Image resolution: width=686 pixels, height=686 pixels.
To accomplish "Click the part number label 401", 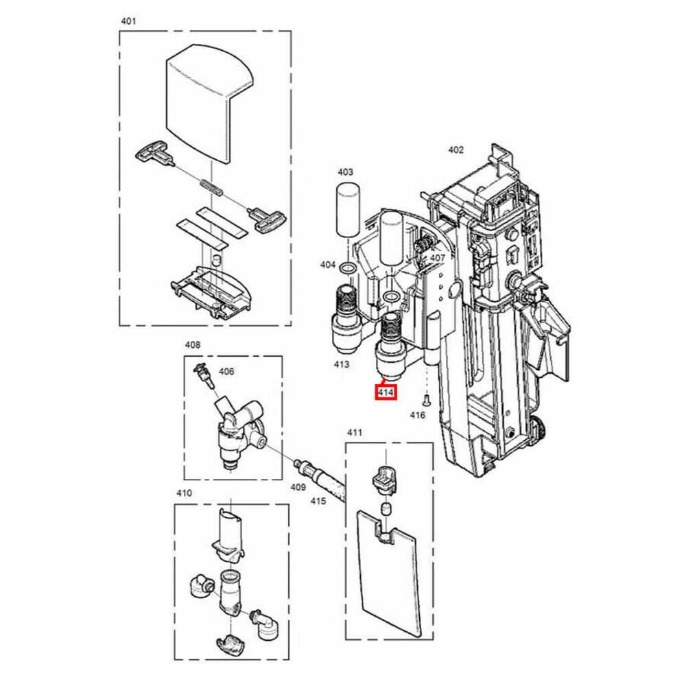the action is (x=128, y=21).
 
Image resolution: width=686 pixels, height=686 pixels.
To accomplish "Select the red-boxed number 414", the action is (x=386, y=392).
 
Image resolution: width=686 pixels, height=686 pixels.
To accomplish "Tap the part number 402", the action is (x=456, y=150).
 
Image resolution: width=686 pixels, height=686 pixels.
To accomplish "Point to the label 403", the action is (x=345, y=172).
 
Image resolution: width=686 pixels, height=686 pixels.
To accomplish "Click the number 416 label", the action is (x=417, y=415).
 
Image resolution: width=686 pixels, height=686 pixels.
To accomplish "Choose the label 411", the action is (x=355, y=432).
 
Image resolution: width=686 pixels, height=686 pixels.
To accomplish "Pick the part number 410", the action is (x=184, y=493).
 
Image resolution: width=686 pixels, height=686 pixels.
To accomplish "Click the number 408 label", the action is (x=193, y=345).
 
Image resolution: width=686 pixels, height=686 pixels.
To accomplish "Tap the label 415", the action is (x=318, y=501).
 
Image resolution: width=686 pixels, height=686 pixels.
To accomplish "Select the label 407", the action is (x=437, y=258).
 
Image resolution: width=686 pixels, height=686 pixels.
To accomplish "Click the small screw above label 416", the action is (x=427, y=399).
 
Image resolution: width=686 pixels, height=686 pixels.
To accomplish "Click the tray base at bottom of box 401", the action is (x=212, y=293).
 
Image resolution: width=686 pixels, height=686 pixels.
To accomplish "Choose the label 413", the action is (x=341, y=364).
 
